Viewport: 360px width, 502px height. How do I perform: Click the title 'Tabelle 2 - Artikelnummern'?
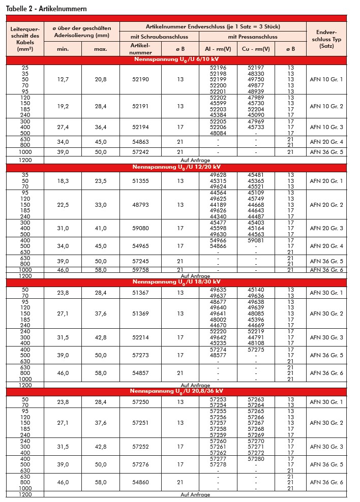tap(46, 9)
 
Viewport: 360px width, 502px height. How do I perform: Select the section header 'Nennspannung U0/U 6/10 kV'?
tap(176, 60)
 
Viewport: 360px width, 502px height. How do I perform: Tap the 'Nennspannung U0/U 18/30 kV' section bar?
tap(176, 281)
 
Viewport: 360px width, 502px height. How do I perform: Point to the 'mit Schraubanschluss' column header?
tap(159, 37)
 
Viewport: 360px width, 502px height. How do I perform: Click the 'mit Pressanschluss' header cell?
tap(252, 37)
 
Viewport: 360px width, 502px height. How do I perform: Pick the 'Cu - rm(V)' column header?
tap(256, 49)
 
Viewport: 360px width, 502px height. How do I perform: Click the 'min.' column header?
tap(63, 49)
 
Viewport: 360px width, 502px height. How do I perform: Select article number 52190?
tap(140, 79)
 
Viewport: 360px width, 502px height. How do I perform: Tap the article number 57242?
tap(140, 152)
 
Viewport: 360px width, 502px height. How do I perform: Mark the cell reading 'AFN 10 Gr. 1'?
tap(326, 79)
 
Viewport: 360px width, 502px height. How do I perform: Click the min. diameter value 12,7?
tap(63, 79)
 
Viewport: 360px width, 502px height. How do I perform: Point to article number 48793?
tap(140, 205)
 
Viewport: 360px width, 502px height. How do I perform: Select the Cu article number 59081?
tap(256, 240)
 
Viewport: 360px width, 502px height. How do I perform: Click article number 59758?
tap(140, 270)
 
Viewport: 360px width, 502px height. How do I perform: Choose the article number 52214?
tap(140, 337)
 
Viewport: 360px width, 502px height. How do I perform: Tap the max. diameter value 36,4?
tap(101, 127)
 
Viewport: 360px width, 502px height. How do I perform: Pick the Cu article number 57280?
tap(256, 459)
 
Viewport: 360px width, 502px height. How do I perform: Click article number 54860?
tap(140, 482)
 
